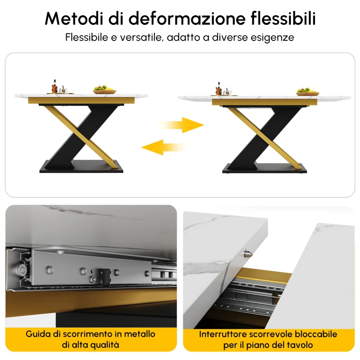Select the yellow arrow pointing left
pyautogui.click(x=163, y=147)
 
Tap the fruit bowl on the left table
pyautogui.click(x=105, y=89)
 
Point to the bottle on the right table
pyautogui.click(x=219, y=89)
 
